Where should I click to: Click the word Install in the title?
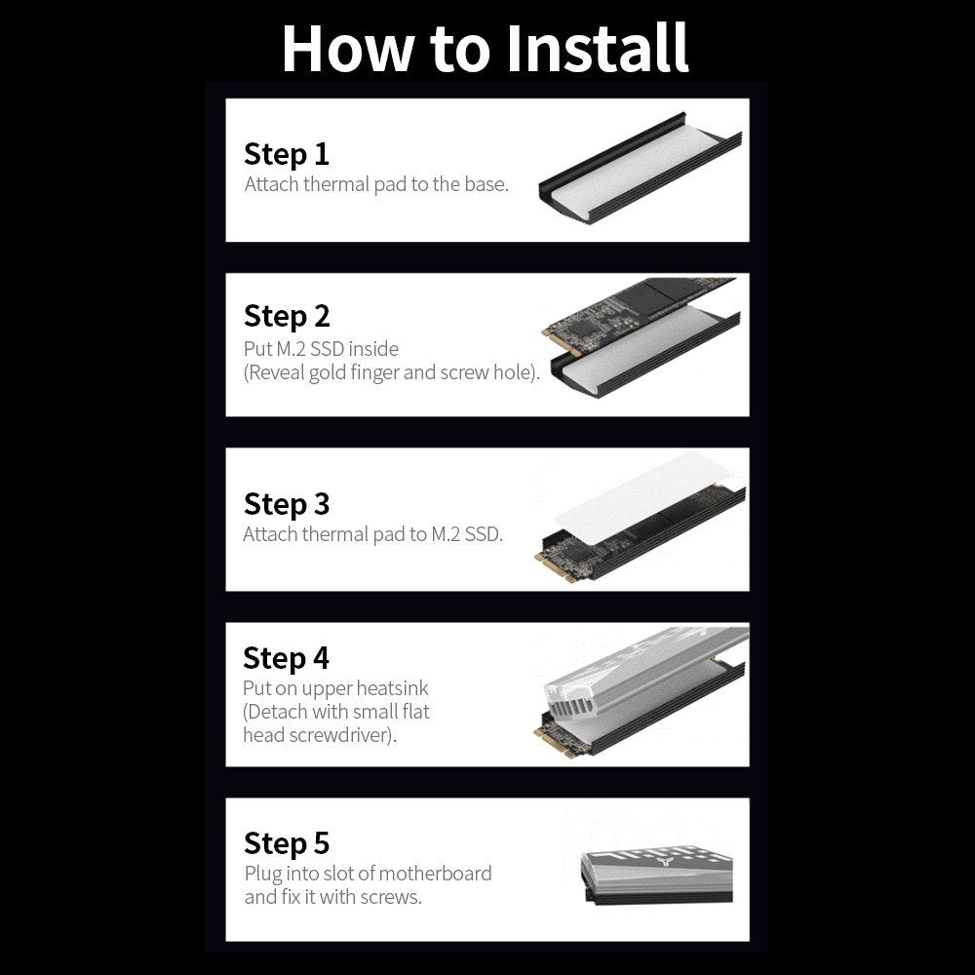(598, 48)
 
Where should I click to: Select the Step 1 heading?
(286, 154)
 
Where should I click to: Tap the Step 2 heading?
(287, 317)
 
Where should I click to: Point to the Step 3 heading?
(287, 504)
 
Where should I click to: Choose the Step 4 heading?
(286, 658)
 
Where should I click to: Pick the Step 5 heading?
(287, 843)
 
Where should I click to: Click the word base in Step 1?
(487, 184)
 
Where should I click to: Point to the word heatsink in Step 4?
(392, 687)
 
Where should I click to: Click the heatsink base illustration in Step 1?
(641, 169)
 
